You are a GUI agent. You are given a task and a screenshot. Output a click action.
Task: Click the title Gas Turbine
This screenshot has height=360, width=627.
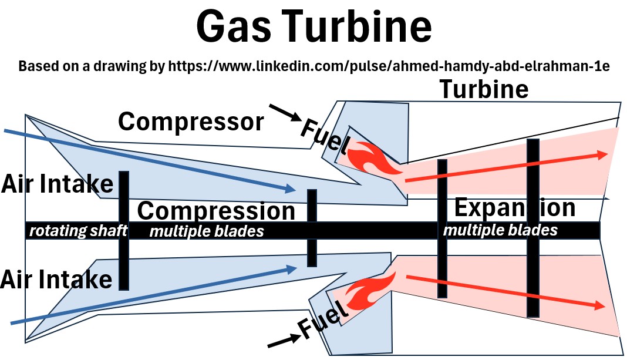[313, 27]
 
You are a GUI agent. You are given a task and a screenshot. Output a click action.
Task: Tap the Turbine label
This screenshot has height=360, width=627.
[484, 89]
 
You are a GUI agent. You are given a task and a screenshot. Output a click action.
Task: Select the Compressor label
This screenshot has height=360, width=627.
[191, 122]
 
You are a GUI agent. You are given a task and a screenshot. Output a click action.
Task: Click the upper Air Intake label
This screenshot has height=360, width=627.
[57, 184]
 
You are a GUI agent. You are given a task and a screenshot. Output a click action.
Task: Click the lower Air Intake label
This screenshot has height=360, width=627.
[56, 279]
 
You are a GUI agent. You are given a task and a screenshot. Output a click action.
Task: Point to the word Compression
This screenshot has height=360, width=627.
[216, 211]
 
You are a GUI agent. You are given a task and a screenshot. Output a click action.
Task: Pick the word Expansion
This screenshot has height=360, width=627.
[514, 208]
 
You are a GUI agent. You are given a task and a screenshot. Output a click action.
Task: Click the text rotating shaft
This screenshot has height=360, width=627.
[78, 231]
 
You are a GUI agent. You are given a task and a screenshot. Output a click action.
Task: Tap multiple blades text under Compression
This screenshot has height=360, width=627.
[207, 231]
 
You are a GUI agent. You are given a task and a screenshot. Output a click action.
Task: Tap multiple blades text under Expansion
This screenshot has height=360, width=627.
[500, 230]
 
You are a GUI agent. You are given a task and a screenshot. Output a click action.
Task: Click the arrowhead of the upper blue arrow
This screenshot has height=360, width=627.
[289, 189]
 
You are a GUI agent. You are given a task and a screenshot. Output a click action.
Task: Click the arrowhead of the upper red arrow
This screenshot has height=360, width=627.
[602, 154]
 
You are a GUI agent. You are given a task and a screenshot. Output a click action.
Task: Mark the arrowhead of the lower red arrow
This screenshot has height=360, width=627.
[599, 306]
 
